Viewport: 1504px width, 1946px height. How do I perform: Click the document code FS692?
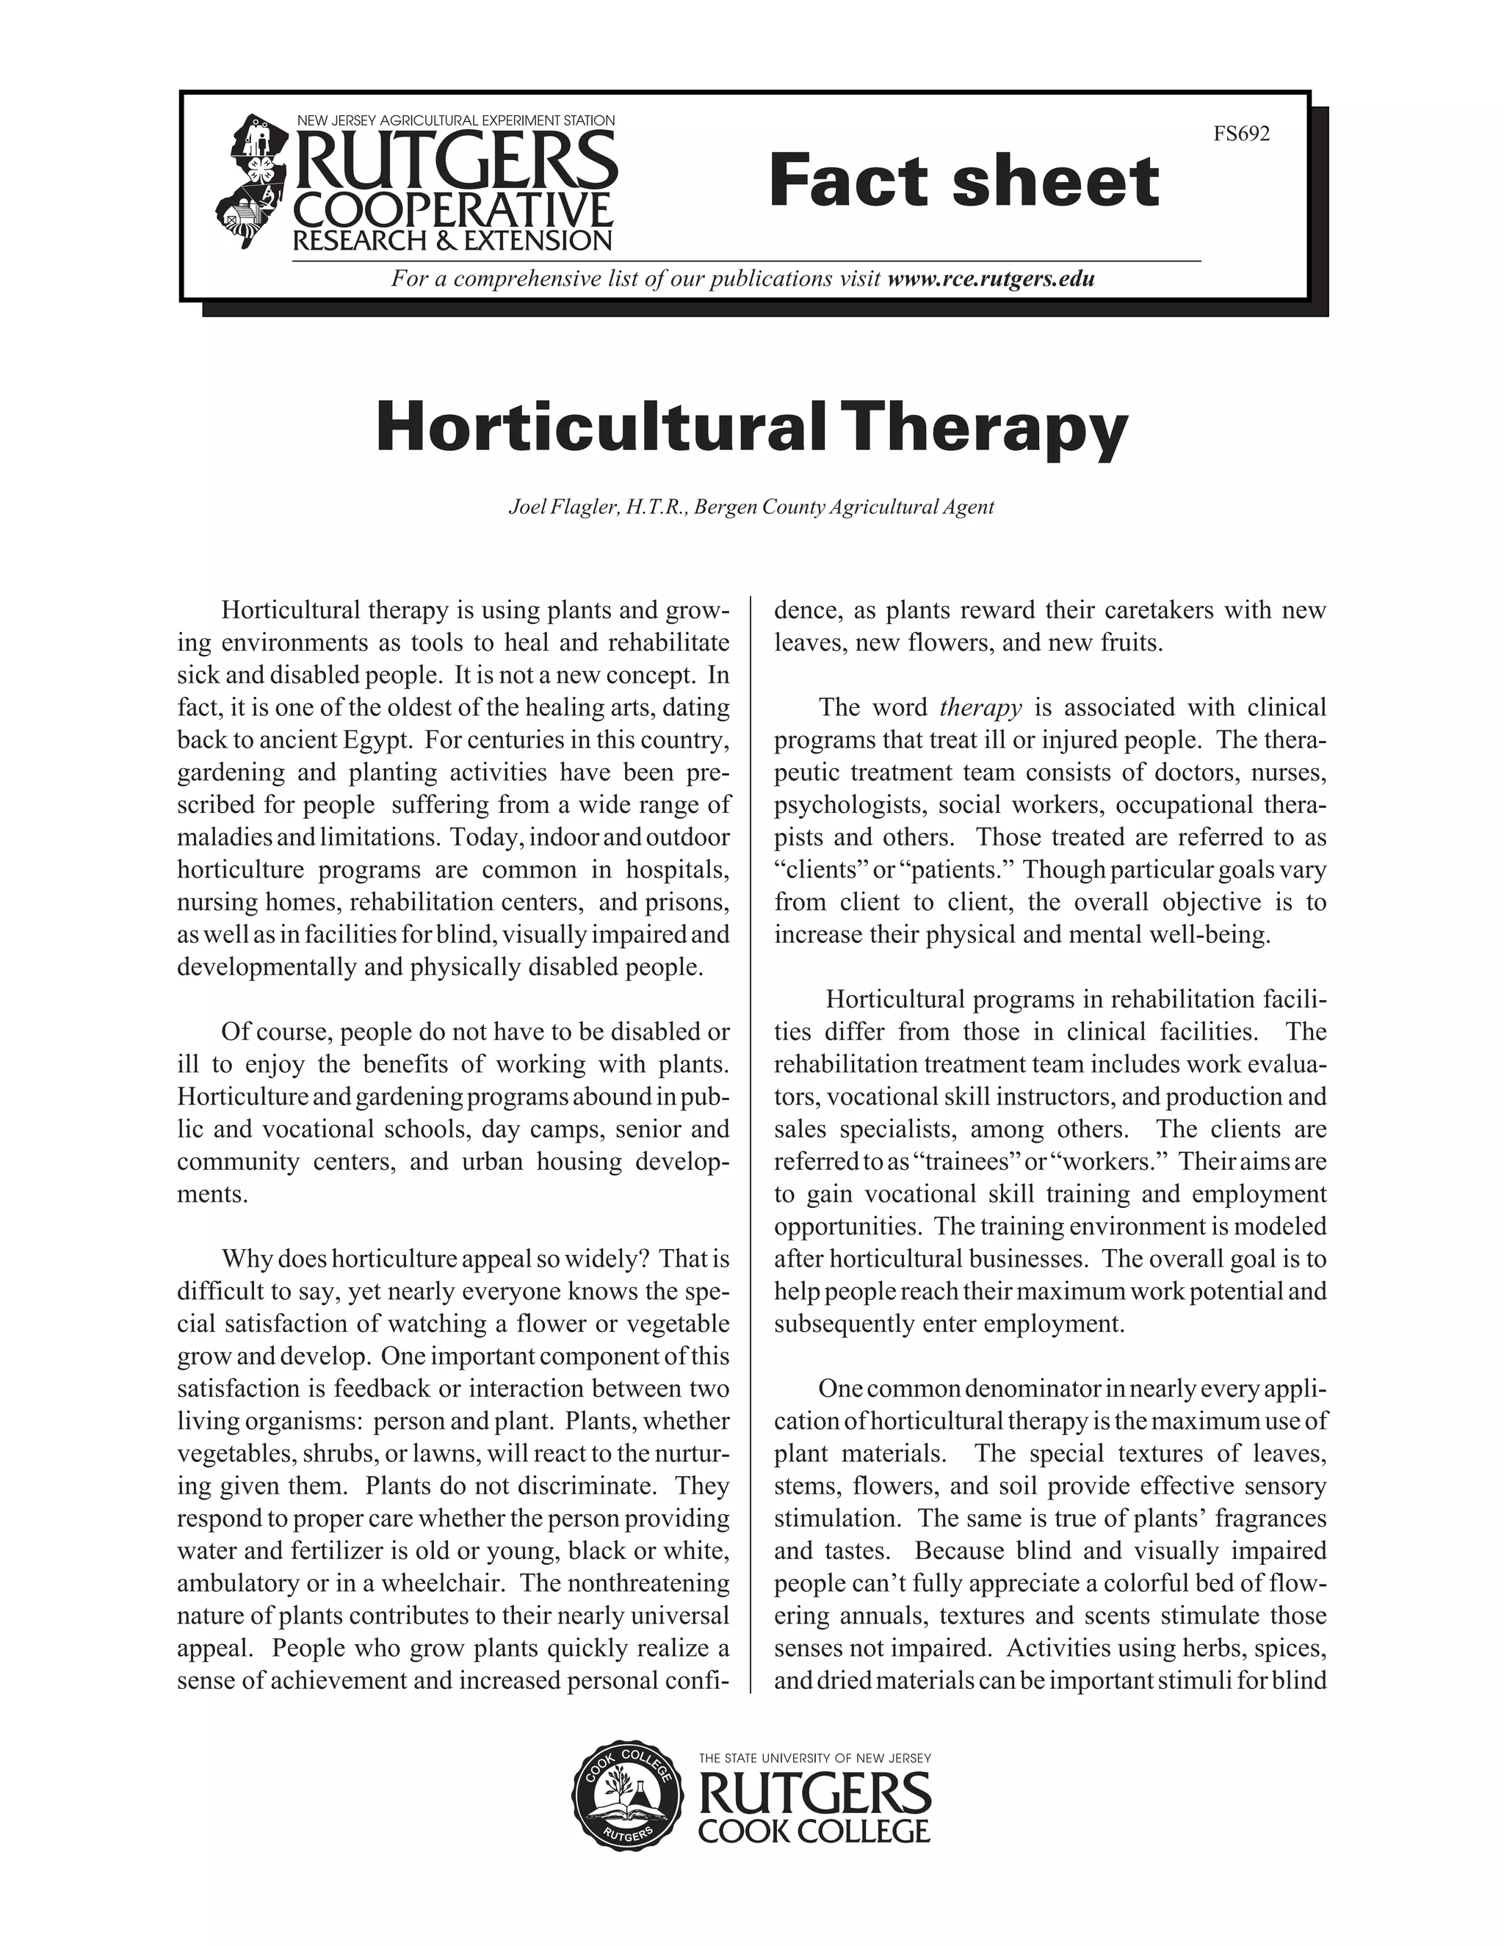click(1241, 134)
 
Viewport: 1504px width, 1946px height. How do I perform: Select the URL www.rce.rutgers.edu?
click(991, 279)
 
